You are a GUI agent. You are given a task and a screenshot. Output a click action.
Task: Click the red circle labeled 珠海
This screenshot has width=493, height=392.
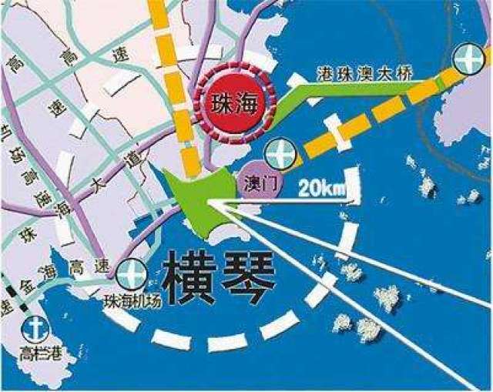click(233, 100)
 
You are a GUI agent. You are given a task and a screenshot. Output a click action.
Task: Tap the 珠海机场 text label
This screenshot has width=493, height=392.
click(133, 300)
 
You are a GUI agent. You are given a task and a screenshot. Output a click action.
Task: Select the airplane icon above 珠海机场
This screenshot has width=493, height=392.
click(132, 273)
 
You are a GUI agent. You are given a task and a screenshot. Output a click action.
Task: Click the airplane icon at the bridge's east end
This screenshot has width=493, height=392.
click(467, 59)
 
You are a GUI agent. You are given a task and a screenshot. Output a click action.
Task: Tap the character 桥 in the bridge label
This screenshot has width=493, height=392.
click(406, 73)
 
